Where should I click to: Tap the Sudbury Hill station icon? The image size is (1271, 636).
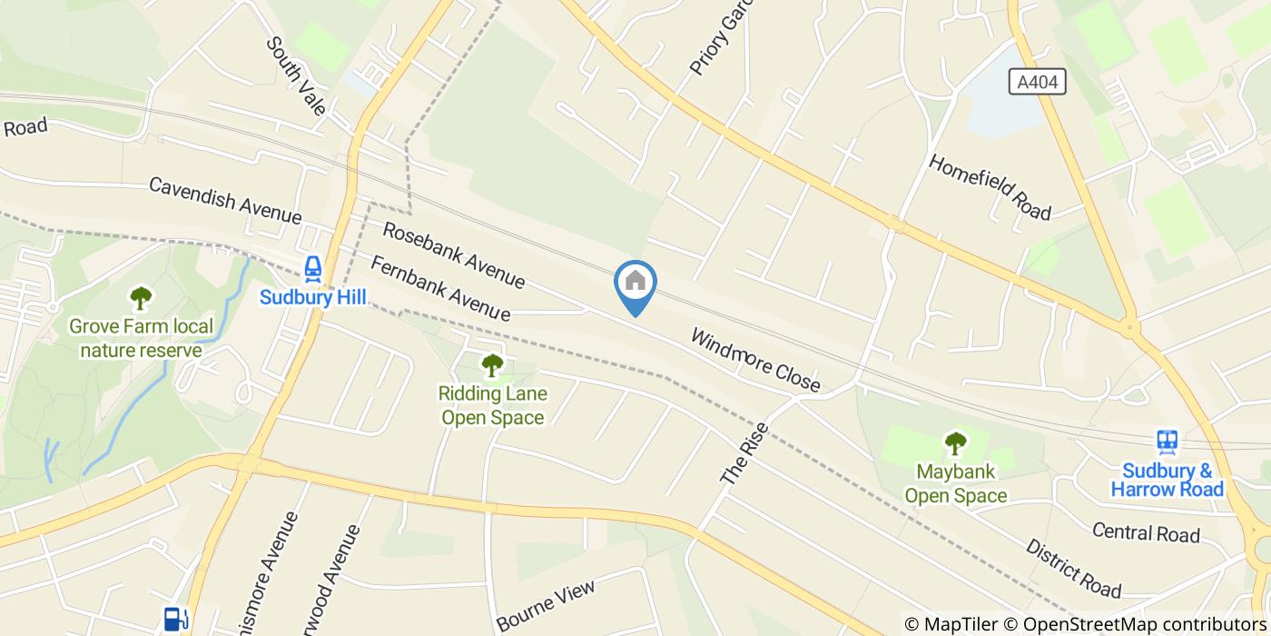click(x=312, y=267)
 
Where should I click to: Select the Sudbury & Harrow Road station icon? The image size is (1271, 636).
click(x=1168, y=442)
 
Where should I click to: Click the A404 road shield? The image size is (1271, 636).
click(x=1037, y=83)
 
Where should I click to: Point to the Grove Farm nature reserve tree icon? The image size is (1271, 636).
click(x=141, y=297)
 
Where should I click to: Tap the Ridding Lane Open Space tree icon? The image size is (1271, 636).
click(x=491, y=365)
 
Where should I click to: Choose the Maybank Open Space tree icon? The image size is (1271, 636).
click(x=955, y=443)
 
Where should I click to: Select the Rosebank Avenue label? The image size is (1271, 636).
click(x=454, y=255)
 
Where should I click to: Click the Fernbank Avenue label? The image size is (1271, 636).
click(x=440, y=288)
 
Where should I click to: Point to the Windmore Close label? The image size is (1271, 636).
click(x=755, y=361)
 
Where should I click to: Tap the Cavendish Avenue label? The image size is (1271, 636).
click(x=224, y=200)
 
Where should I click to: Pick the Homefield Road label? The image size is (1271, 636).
click(x=990, y=186)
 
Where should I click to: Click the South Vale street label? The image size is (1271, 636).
click(x=296, y=76)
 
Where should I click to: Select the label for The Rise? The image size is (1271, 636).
click(x=744, y=452)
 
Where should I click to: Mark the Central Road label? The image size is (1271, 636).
click(x=1146, y=532)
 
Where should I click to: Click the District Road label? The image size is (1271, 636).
click(x=1074, y=569)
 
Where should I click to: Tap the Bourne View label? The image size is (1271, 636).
click(x=547, y=604)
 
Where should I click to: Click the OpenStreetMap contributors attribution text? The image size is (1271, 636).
click(x=1147, y=624)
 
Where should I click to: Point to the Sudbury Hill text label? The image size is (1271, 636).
click(x=312, y=297)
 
